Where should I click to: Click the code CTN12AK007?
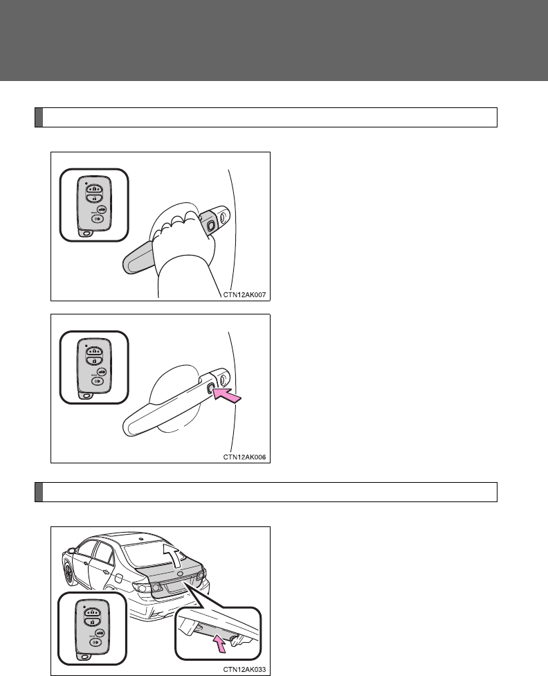click(244, 295)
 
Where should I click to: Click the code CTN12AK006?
click(244, 457)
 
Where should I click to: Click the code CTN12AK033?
click(244, 670)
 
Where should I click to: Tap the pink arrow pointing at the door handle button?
click(228, 395)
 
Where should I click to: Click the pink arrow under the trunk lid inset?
click(220, 646)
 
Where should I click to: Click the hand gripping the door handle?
click(183, 246)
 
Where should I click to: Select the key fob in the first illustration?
click(94, 206)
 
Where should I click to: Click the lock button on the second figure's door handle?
click(210, 389)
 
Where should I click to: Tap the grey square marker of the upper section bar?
click(39, 117)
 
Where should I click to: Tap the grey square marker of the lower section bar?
click(39, 492)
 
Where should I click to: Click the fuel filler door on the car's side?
click(118, 578)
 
